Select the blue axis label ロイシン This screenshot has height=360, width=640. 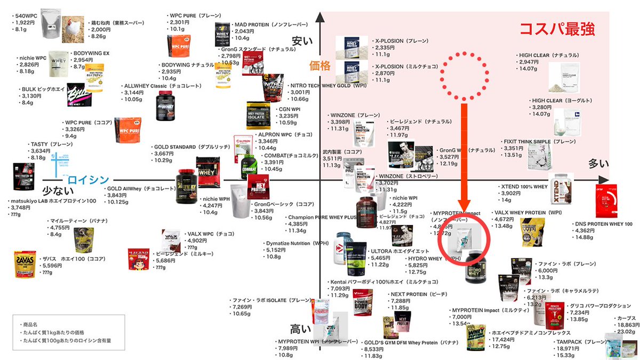(88, 180)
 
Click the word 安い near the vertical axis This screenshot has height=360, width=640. (302, 42)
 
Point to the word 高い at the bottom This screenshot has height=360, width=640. (301, 329)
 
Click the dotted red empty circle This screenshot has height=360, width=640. (463, 76)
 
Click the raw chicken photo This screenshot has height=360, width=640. (73, 25)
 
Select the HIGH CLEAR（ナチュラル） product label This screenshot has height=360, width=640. (549, 55)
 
